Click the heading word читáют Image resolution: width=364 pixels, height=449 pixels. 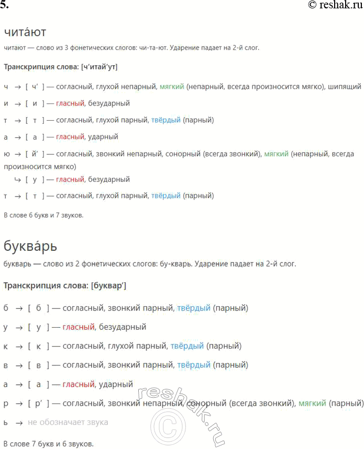click(25, 32)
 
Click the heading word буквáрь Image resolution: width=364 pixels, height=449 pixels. click(30, 246)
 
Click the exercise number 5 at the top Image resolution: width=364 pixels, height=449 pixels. click(5, 5)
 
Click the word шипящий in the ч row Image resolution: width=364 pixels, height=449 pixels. click(344, 86)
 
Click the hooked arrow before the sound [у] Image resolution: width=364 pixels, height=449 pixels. click(17, 179)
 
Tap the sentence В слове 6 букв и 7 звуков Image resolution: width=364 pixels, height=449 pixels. click(43, 214)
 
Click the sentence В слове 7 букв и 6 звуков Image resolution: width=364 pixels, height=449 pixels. click(49, 443)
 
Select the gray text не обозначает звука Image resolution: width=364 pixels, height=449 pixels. click(68, 422)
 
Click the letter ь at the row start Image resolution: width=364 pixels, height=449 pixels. click(6, 422)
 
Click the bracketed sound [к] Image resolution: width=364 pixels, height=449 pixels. click(38, 346)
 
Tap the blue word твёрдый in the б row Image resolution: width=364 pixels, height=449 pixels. click(193, 308)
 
